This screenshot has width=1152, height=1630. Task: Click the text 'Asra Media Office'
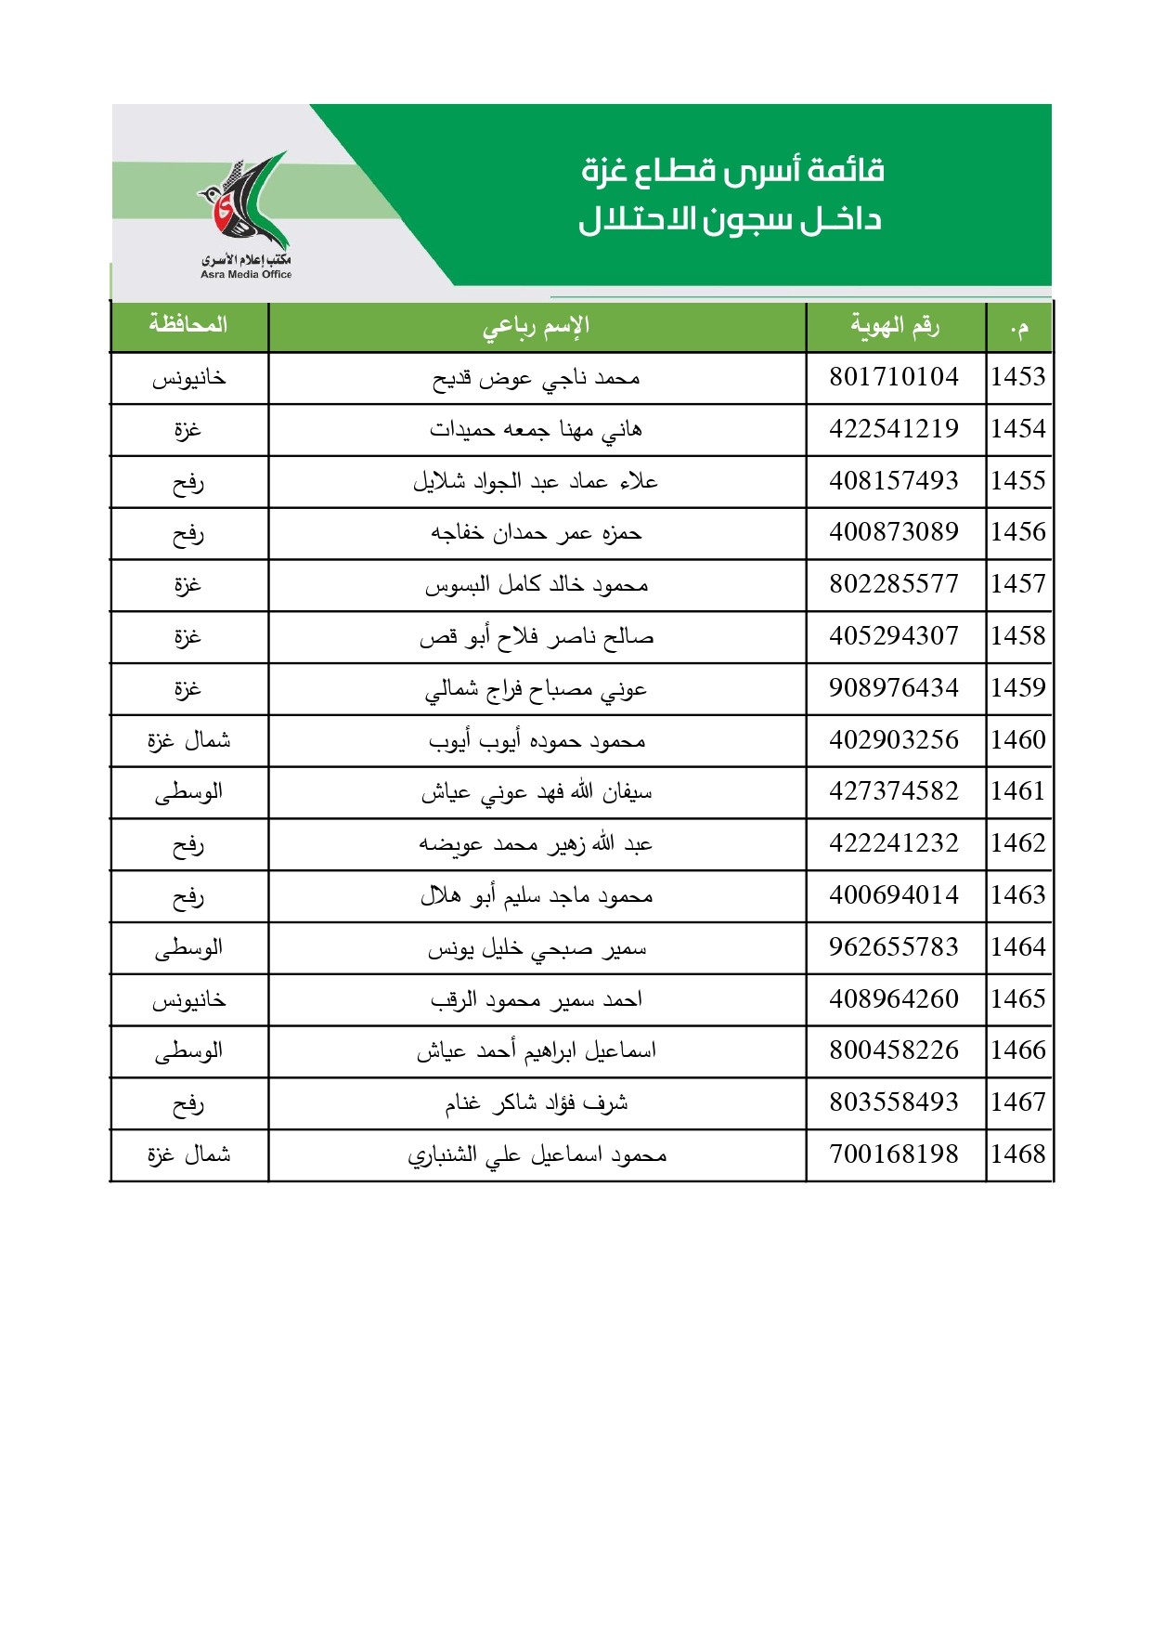coord(246,274)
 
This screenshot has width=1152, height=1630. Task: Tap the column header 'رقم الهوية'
coord(895,326)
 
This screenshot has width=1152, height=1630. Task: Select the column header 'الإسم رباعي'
coord(537,327)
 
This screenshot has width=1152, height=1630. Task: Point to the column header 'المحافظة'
coord(188,325)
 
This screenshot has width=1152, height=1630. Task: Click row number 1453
coord(1017,377)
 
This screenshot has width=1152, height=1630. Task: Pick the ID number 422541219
coord(893,429)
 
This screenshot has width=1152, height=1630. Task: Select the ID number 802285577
coord(893,584)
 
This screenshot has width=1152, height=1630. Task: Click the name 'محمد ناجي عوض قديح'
coord(537,378)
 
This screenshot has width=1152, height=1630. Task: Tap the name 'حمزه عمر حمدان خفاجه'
coord(537,533)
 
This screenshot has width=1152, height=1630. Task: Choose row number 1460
coord(1017,740)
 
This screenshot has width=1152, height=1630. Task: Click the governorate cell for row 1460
coord(188,740)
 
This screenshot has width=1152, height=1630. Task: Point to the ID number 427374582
coord(893,791)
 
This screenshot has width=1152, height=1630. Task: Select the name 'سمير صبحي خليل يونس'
coord(537,948)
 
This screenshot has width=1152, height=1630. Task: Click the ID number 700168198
coord(893,1154)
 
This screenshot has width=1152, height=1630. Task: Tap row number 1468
coord(1017,1154)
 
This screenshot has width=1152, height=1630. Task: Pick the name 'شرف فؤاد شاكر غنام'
coord(537,1103)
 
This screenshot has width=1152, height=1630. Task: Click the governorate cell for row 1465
coord(188,1000)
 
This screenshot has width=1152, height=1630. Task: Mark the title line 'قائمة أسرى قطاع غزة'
coord(732,171)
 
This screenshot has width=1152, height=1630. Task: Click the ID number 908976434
coord(893,688)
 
